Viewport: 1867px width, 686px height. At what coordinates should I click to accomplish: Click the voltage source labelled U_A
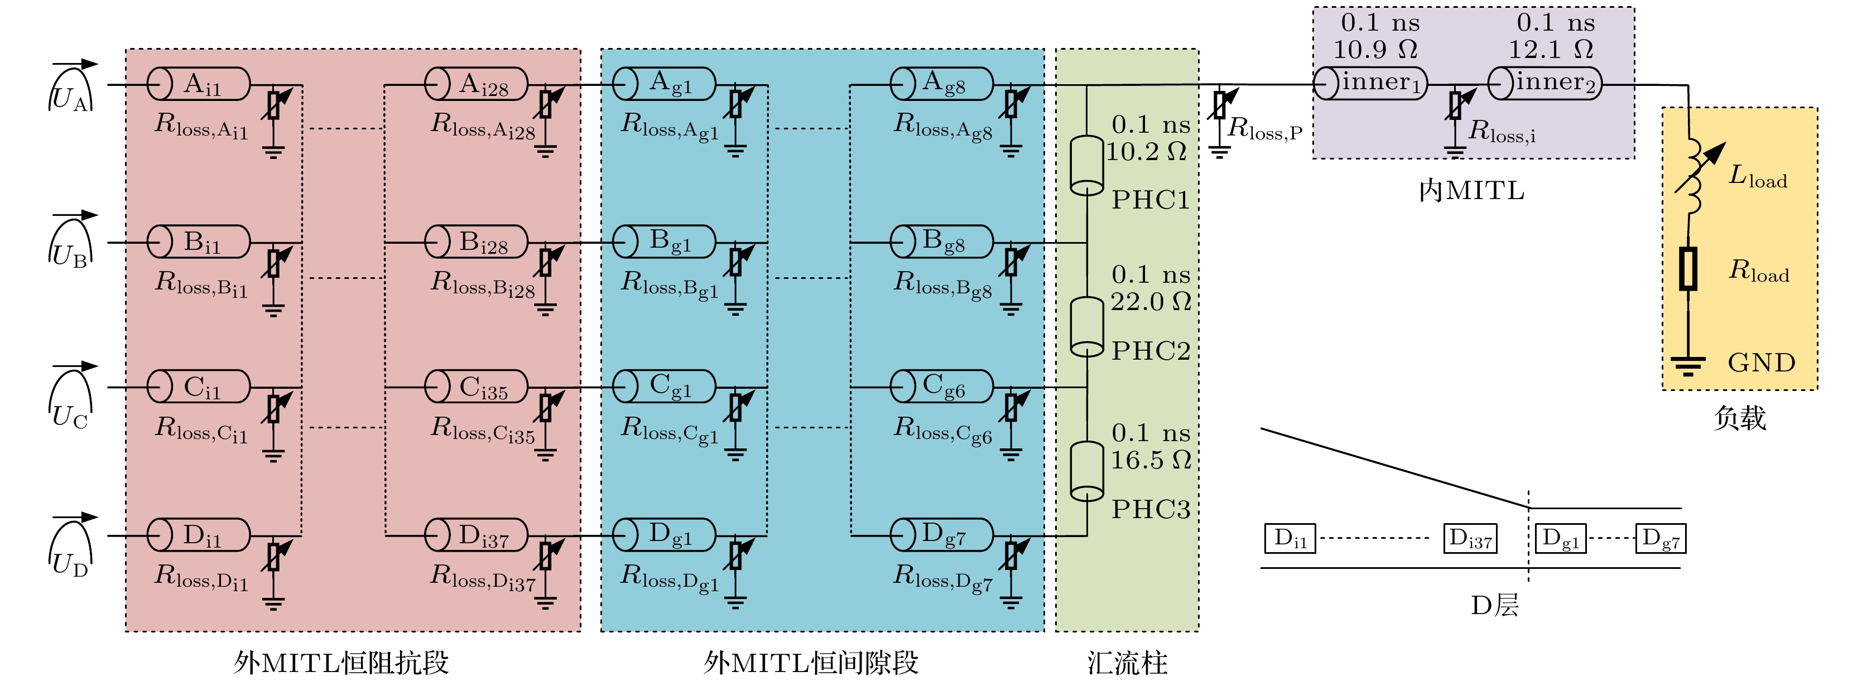(x=71, y=90)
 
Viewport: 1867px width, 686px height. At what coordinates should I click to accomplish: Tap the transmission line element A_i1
(x=199, y=84)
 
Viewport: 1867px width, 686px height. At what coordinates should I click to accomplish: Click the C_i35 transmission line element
(x=476, y=387)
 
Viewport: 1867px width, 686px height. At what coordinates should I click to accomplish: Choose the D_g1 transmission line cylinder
(x=665, y=535)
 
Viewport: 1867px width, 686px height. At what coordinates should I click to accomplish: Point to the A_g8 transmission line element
(x=941, y=84)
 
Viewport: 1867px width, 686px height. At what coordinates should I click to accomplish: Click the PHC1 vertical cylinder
(x=1087, y=165)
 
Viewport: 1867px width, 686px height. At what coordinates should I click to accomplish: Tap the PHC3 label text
(x=1151, y=509)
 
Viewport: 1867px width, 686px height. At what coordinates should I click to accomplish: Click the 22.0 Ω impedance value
(x=1151, y=301)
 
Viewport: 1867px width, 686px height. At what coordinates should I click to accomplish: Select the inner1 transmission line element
(x=1370, y=83)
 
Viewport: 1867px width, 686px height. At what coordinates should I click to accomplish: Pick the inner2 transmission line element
(x=1545, y=83)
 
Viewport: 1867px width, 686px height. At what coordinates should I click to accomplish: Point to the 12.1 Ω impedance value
(x=1551, y=49)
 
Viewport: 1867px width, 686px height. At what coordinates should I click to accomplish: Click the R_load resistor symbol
(x=1688, y=269)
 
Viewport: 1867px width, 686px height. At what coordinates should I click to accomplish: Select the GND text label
(x=1761, y=362)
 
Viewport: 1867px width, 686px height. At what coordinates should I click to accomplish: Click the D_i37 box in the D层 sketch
(x=1470, y=538)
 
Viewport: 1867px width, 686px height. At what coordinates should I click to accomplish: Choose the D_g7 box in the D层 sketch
(x=1661, y=538)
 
